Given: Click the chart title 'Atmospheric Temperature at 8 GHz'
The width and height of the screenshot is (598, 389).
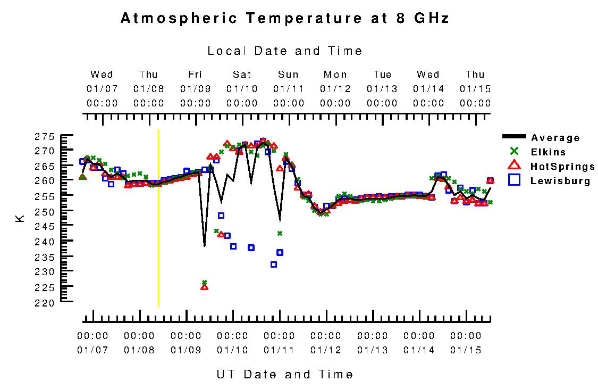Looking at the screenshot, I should coord(285,19).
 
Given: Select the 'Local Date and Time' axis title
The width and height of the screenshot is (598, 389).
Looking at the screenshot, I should coord(285,51).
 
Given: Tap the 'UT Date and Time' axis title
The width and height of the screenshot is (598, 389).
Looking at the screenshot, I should coord(285,374).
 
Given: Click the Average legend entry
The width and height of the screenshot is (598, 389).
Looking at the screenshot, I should coord(555,138).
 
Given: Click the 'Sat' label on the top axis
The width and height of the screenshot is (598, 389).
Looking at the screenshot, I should coord(242,75).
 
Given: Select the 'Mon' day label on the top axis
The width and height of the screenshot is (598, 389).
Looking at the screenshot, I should coord(335,75).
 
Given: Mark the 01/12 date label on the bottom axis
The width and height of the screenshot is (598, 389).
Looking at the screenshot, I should coord(326,350).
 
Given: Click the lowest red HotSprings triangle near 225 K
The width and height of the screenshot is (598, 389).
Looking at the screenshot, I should coord(204,287).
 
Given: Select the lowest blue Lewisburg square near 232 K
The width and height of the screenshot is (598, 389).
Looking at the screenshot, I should coord(274,264).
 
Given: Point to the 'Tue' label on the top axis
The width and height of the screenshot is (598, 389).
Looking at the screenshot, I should coord(382,75).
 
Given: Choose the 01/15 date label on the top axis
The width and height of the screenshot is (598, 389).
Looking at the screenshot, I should coord(475,88).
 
